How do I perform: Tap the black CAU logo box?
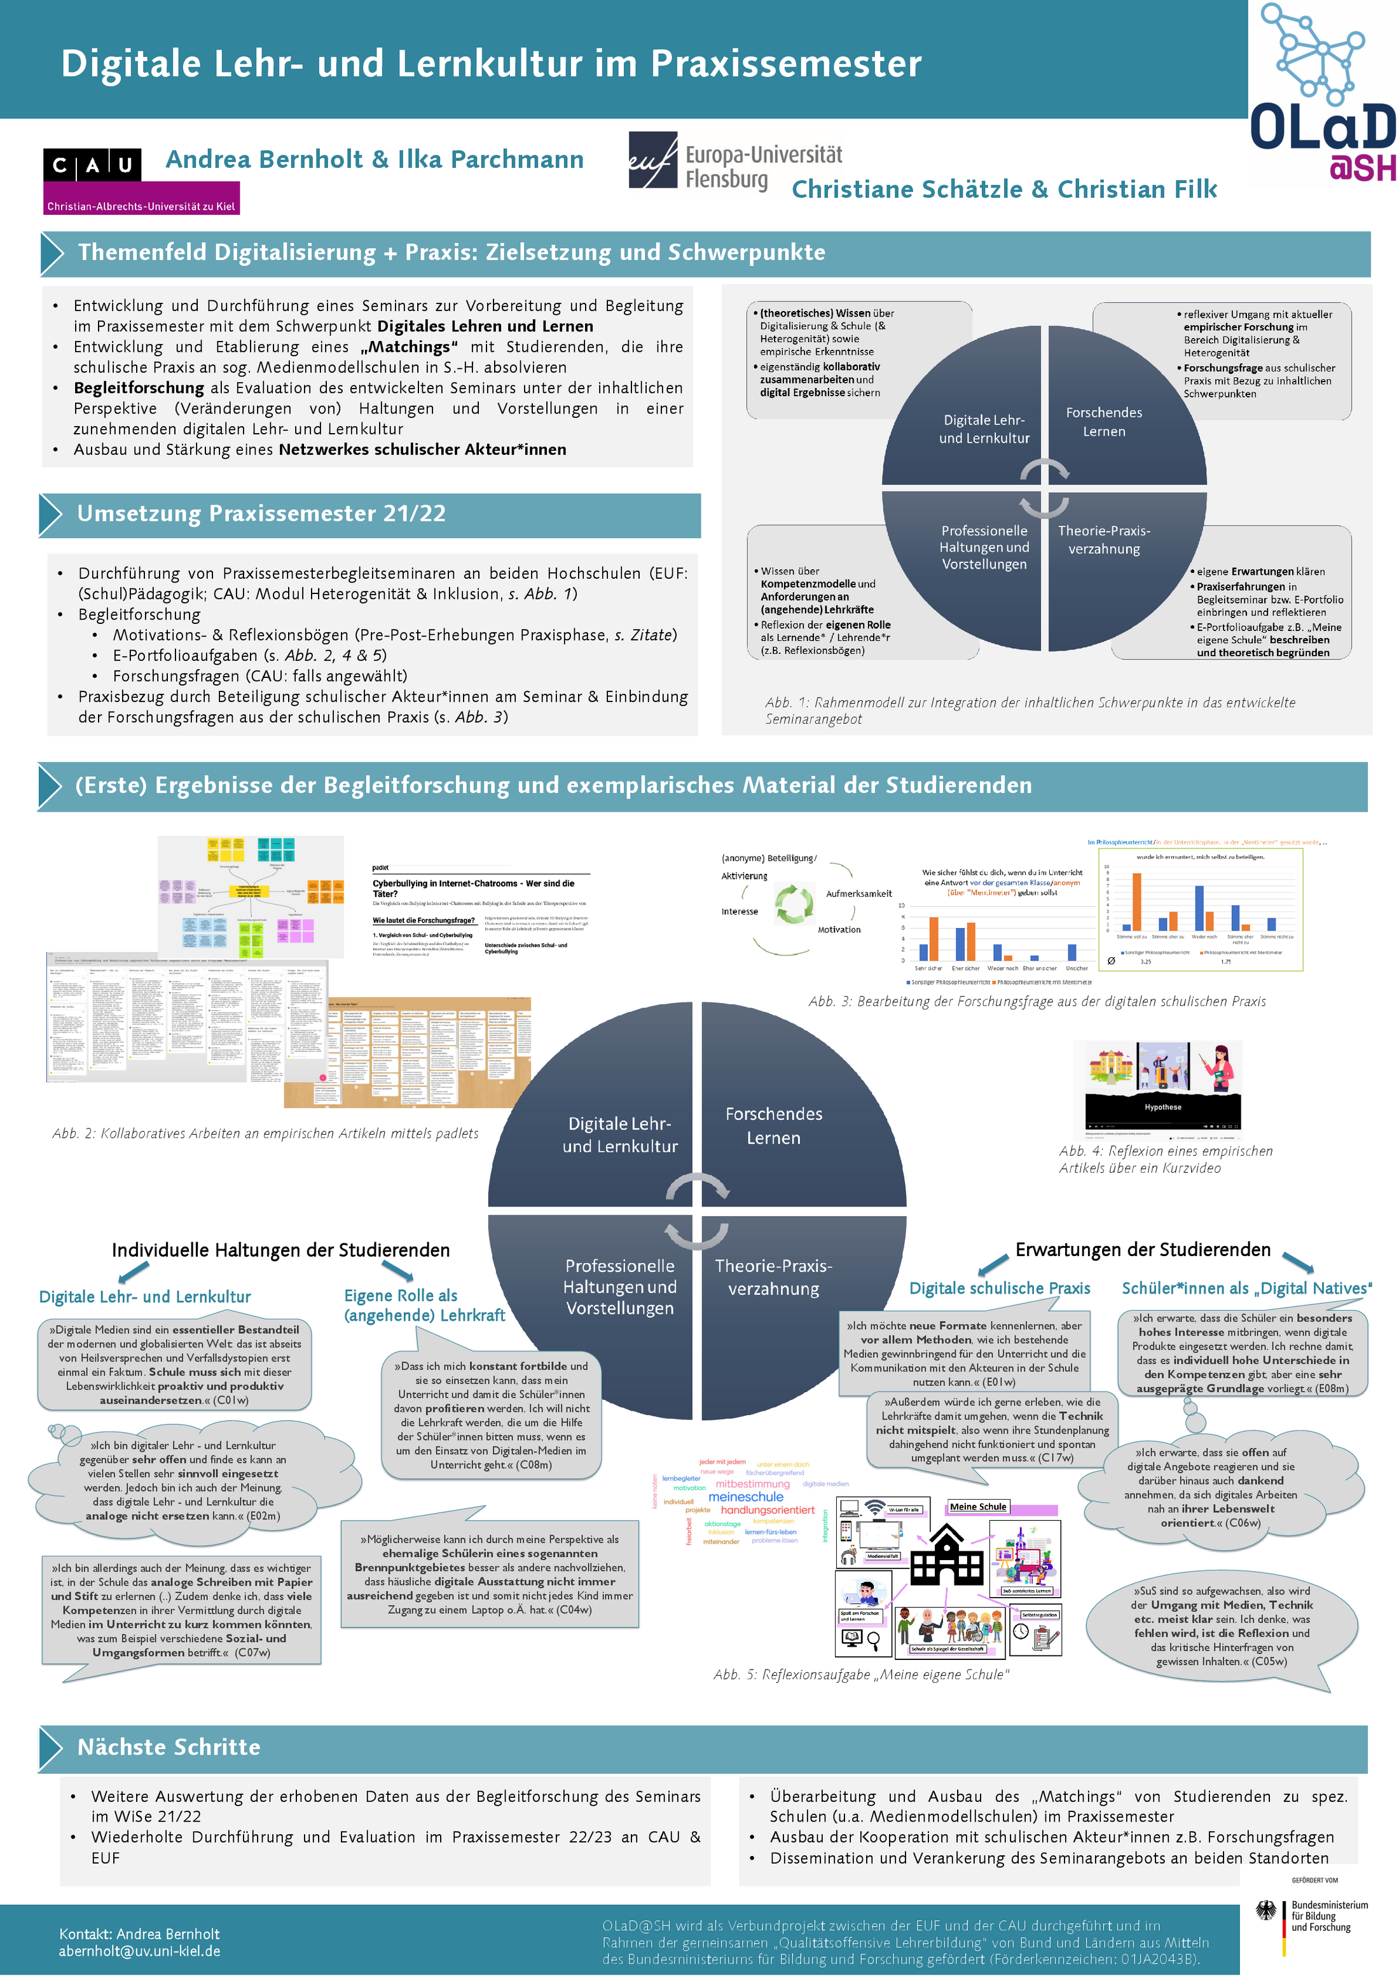click(92, 165)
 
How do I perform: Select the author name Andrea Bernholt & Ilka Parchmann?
click(374, 160)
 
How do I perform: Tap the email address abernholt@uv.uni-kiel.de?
click(139, 1951)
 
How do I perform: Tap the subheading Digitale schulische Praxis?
click(999, 1288)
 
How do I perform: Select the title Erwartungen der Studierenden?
click(1142, 1249)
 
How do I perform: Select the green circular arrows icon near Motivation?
click(794, 904)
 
